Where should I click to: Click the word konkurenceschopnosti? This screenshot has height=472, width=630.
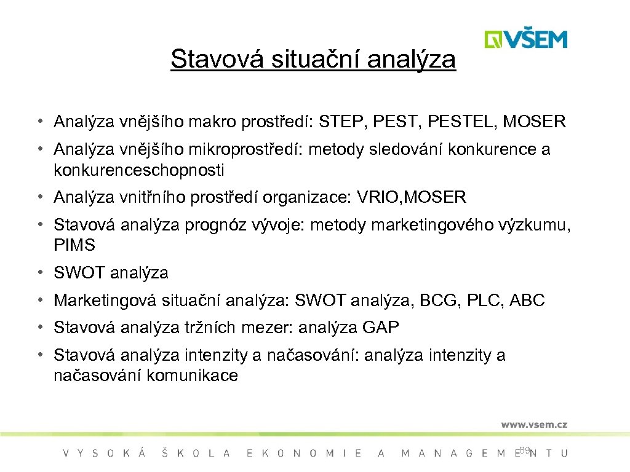[139, 170]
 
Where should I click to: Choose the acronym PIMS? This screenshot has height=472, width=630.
[74, 245]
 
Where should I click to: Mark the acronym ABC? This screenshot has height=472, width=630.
[527, 301]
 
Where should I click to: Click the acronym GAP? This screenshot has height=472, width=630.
[381, 328]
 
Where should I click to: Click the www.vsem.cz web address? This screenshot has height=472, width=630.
[533, 424]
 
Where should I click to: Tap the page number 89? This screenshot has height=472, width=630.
[524, 450]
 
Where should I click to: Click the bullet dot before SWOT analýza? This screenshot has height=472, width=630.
[39, 272]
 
